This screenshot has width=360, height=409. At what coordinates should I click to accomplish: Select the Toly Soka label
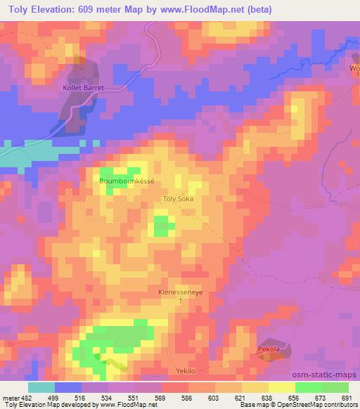177,199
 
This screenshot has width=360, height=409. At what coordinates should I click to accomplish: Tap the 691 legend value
345,397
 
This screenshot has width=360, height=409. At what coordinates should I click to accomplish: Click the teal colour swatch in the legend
41,387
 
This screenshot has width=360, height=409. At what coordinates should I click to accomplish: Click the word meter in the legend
11,397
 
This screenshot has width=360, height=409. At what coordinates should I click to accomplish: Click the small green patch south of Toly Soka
164,226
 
